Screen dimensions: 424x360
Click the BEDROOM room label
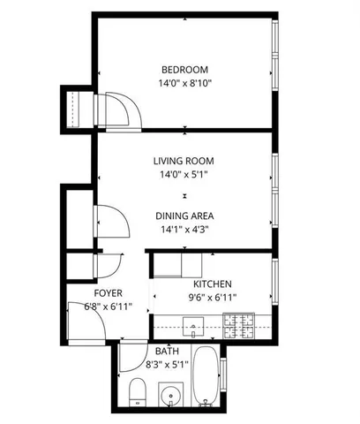(184, 70)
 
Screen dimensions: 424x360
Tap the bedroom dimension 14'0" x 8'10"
(184, 83)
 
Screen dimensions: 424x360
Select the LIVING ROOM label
(184, 161)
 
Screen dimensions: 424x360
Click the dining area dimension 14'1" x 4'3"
(184, 229)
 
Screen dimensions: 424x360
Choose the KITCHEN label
(213, 284)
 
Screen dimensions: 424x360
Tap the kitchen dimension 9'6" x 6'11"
(213, 297)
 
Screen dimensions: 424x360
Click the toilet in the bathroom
(138, 392)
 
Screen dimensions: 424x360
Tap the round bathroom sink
(169, 392)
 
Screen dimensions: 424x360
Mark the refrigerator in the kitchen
(182, 264)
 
